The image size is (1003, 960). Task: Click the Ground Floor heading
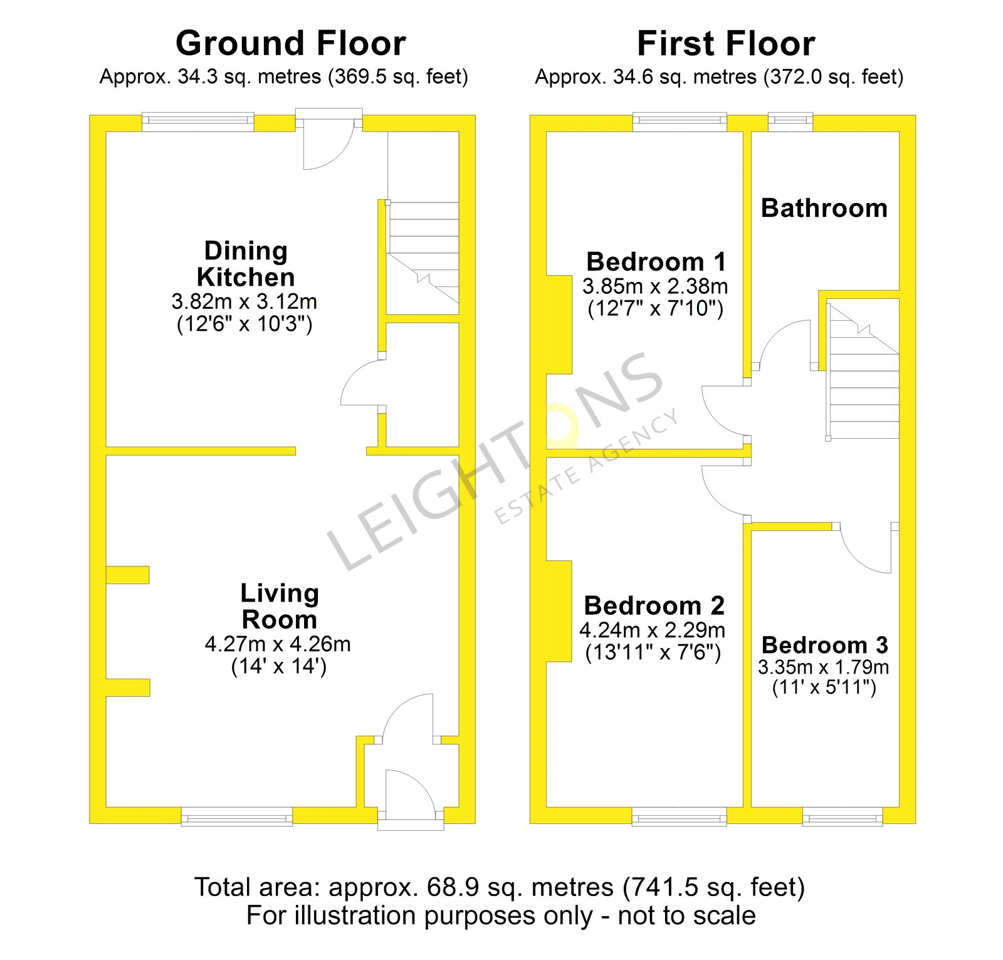[291, 44]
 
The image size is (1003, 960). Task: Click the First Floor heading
[726, 44]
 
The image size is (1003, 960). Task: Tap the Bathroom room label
[824, 208]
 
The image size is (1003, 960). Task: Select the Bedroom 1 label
[656, 261]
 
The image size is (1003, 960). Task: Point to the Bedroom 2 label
[654, 605]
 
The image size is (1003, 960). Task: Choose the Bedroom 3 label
[824, 645]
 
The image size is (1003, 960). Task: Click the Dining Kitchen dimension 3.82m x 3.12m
[244, 301]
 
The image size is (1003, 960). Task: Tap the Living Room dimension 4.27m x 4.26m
[278, 644]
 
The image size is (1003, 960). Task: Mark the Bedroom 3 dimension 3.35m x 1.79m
[823, 667]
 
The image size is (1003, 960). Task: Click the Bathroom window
[790, 122]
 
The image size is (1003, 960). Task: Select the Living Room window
[237, 817]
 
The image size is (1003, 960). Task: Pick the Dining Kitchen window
[198, 122]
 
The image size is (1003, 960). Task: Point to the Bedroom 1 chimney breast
[559, 325]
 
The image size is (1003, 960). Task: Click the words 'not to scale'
[686, 916]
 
